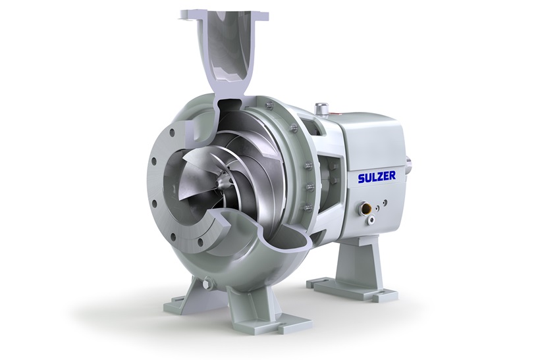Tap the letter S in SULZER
point(362,178)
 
